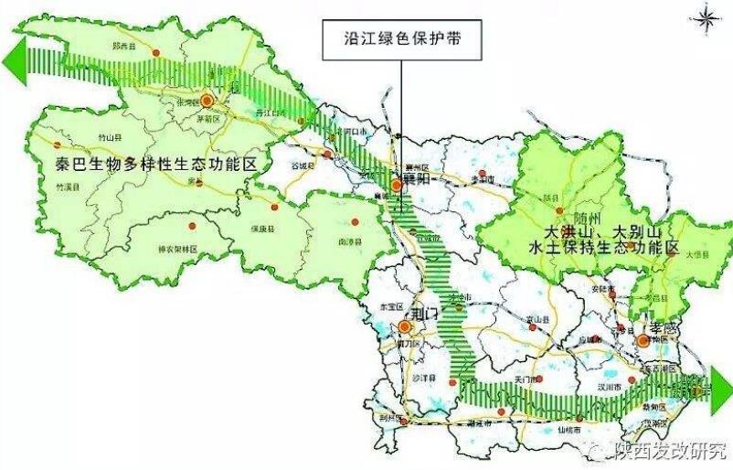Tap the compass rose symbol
[706, 16]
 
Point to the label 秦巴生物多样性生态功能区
[154, 165]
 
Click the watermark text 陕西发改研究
[669, 450]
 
